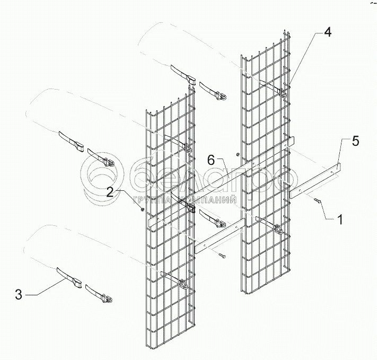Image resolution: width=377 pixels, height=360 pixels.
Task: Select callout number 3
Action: click(x=19, y=294)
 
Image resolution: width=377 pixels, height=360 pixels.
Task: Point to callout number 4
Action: click(x=328, y=32)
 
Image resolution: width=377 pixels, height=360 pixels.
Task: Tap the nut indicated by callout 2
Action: click(x=143, y=209)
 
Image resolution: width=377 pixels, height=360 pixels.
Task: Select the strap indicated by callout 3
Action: click(x=68, y=277)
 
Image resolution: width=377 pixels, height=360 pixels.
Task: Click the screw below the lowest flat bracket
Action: click(x=222, y=256)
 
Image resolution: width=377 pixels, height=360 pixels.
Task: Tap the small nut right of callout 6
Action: click(x=238, y=155)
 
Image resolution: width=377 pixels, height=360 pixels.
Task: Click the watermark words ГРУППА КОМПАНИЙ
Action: click(x=180, y=201)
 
